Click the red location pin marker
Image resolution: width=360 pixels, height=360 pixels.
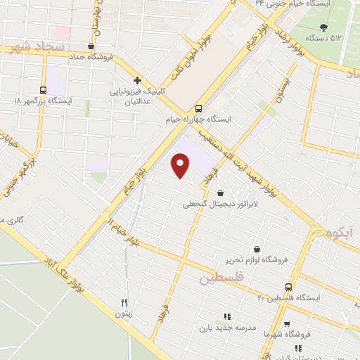[181, 165]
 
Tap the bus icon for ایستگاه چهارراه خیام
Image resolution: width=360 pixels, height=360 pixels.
[198, 108]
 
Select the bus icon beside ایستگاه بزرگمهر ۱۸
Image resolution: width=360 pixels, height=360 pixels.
[44, 90]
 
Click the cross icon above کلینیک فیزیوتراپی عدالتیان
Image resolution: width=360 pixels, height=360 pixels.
[138, 80]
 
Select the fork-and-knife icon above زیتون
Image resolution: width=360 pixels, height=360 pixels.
[124, 302]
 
